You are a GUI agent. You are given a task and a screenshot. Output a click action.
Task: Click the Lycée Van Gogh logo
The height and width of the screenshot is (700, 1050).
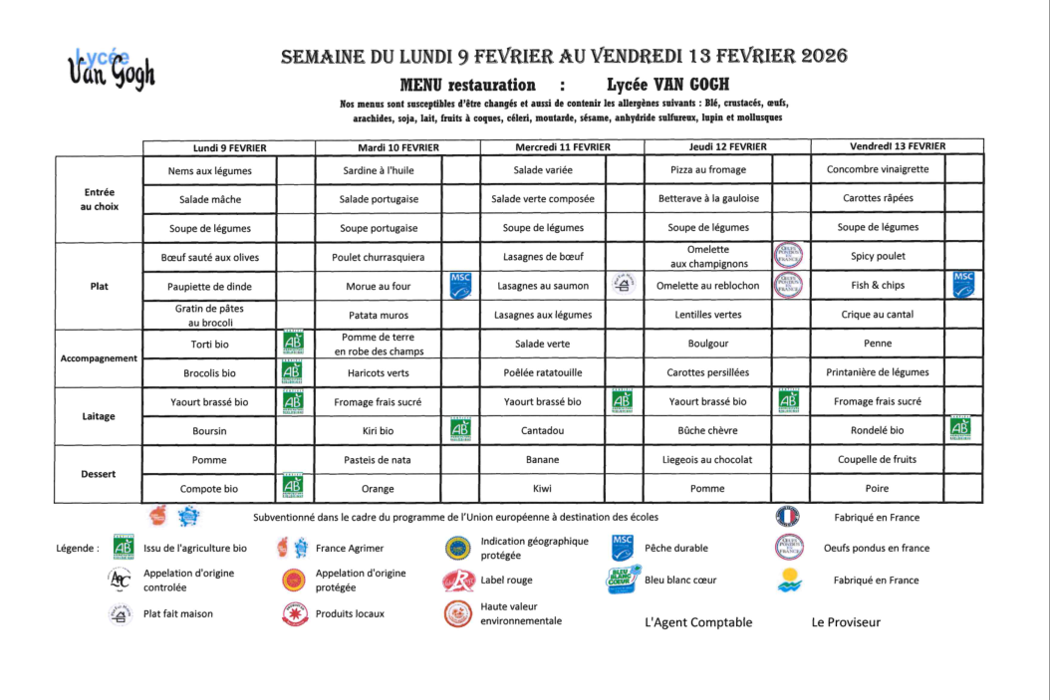pos(111,69)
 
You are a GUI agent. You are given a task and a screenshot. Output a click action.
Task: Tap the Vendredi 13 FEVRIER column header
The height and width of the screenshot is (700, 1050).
pos(898,146)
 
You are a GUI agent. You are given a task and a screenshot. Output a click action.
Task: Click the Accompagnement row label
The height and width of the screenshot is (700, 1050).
pos(99,358)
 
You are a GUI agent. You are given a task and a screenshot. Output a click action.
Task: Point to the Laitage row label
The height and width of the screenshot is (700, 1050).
pos(99,416)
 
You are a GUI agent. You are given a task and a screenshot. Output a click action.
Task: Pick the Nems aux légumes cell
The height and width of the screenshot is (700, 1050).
pos(210,170)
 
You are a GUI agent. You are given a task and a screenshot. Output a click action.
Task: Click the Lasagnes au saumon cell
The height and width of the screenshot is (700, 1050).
pos(543,286)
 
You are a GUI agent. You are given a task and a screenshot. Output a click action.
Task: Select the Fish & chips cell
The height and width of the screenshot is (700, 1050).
pos(878,286)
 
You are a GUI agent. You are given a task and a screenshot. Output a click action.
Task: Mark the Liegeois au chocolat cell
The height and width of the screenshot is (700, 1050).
pos(707,460)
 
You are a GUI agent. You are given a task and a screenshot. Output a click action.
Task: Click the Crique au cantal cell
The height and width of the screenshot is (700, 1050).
pos(878,315)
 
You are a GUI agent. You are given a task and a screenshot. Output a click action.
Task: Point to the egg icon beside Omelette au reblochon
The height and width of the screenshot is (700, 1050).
pos(789,285)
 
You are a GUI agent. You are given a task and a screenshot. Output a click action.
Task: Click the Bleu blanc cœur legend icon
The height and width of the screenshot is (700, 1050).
pos(623,580)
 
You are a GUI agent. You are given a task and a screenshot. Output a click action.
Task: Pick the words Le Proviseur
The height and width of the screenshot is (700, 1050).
pos(846,623)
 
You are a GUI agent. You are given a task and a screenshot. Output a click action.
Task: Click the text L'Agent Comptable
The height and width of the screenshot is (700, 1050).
pos(698,623)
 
